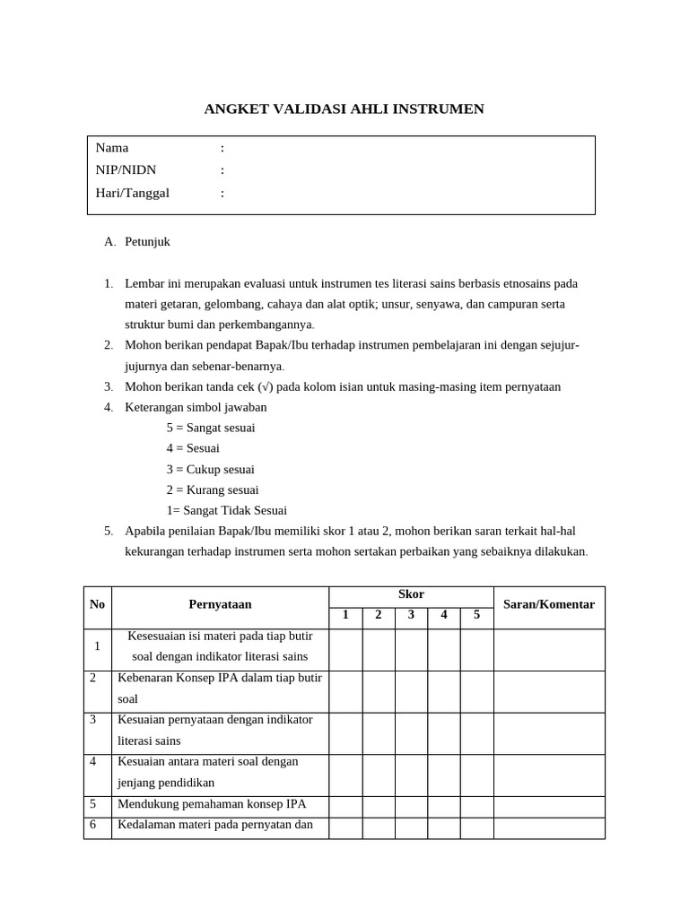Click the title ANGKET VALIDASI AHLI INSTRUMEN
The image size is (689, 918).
[344, 109]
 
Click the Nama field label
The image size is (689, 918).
[112, 148]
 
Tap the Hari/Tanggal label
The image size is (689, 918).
[132, 193]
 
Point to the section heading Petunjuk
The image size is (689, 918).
[147, 242]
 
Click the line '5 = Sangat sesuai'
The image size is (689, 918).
[210, 428]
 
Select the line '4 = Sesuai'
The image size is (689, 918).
[192, 448]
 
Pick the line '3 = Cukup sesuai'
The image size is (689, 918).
[210, 469]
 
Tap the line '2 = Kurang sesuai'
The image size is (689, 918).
[212, 489]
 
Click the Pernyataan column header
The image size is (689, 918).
[220, 605]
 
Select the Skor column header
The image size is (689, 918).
[411, 595]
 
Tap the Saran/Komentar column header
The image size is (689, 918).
[549, 605]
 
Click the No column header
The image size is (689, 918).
[98, 605]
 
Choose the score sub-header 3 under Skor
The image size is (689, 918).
[411, 615]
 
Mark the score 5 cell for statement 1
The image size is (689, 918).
[476, 649]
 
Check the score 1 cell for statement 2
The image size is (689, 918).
[345, 691]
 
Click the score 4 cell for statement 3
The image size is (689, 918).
[444, 733]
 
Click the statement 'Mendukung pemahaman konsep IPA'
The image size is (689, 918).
[212, 804]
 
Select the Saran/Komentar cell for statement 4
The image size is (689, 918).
[549, 775]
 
